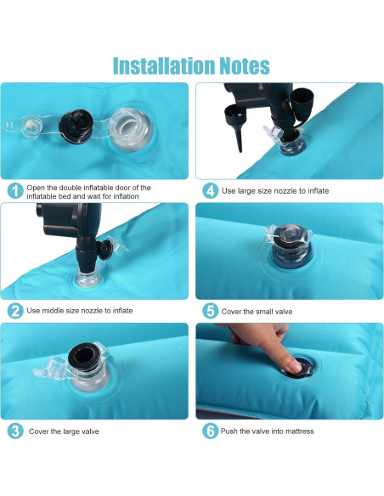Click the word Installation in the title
click(164, 65)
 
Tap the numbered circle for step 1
click(15, 191)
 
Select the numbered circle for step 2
click(15, 311)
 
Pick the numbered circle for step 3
click(15, 431)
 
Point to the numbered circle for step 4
click(211, 191)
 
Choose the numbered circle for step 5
click(211, 311)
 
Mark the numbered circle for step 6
click(211, 431)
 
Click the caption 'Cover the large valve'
click(64, 431)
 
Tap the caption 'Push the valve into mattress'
click(268, 431)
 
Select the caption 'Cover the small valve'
click(257, 312)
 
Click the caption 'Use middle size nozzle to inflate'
click(80, 311)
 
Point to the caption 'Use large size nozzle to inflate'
click(275, 191)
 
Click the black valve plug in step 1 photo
click(76, 127)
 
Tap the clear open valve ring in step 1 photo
click(129, 128)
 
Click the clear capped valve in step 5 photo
click(288, 243)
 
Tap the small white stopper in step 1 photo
click(31, 127)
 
